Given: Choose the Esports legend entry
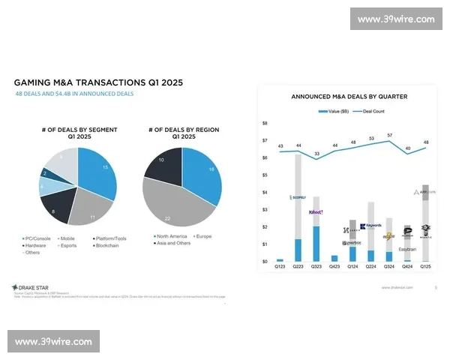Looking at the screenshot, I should (x=67, y=246).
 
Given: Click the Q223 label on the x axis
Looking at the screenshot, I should (x=298, y=266).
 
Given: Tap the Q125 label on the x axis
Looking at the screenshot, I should (x=425, y=266).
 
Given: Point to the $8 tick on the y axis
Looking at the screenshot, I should (x=265, y=123).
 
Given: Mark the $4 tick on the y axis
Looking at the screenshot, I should (x=265, y=192).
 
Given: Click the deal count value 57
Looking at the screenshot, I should (x=388, y=136).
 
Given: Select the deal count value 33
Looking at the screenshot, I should (x=316, y=154).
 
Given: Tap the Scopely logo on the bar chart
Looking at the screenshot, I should (x=298, y=198).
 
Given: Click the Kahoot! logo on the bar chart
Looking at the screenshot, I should (x=316, y=212).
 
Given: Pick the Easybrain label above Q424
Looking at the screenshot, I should (x=407, y=249).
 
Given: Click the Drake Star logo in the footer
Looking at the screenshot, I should (x=31, y=288).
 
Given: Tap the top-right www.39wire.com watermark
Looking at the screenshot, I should (x=396, y=19).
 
